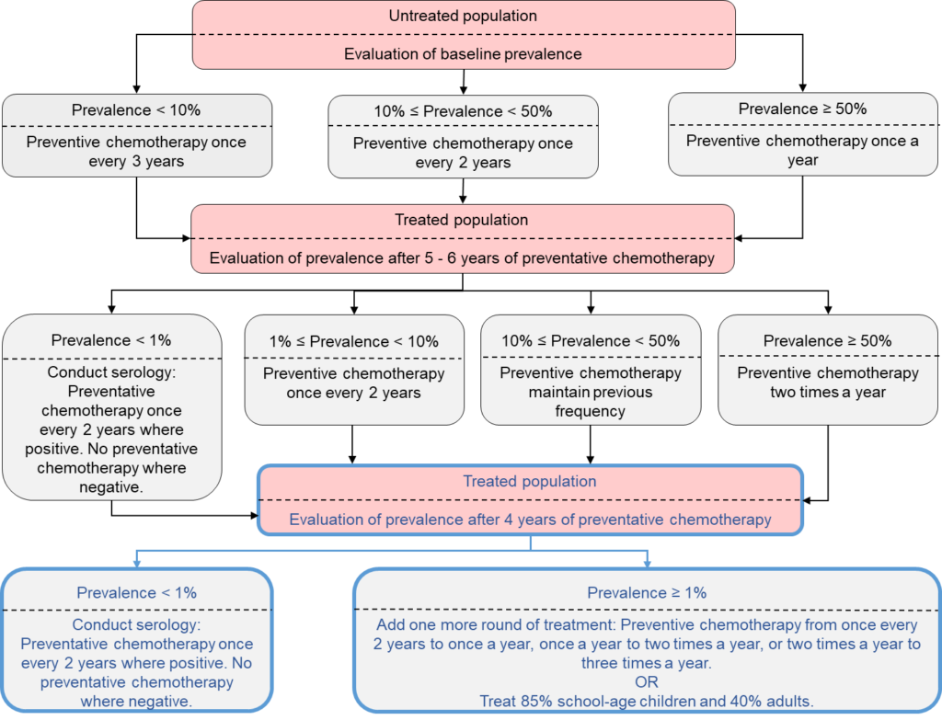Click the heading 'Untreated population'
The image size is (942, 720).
(x=463, y=17)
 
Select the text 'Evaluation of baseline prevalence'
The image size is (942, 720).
(x=463, y=53)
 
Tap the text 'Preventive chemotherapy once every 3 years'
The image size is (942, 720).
(x=137, y=152)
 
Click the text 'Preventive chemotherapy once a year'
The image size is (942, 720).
(x=802, y=150)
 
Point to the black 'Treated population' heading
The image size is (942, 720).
(x=461, y=220)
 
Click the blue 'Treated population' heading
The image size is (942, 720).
(x=530, y=481)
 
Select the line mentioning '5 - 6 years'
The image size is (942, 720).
(x=462, y=257)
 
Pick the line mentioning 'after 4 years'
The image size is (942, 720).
(x=530, y=520)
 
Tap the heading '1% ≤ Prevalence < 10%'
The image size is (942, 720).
(x=354, y=341)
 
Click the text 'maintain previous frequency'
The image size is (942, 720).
(x=590, y=402)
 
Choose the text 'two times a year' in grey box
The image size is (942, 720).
(x=828, y=393)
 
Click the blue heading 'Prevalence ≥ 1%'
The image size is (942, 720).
(x=647, y=593)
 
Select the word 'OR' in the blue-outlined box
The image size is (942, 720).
(x=647, y=681)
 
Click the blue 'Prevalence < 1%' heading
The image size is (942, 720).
(x=136, y=593)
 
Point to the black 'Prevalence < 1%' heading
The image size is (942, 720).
(x=111, y=340)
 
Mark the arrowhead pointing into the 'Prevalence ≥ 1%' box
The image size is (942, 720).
(x=648, y=562)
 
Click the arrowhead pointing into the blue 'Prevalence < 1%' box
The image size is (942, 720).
(x=137, y=562)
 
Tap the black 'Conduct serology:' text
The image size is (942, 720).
(x=111, y=372)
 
